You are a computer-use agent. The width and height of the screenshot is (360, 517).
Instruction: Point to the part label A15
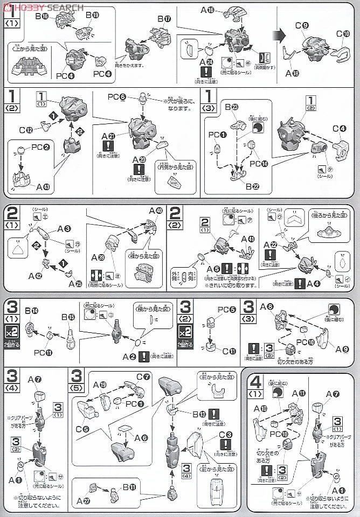point(207,10)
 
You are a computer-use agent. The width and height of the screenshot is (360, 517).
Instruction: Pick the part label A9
point(342,348)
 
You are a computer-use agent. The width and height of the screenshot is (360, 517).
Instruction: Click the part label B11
point(129,488)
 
